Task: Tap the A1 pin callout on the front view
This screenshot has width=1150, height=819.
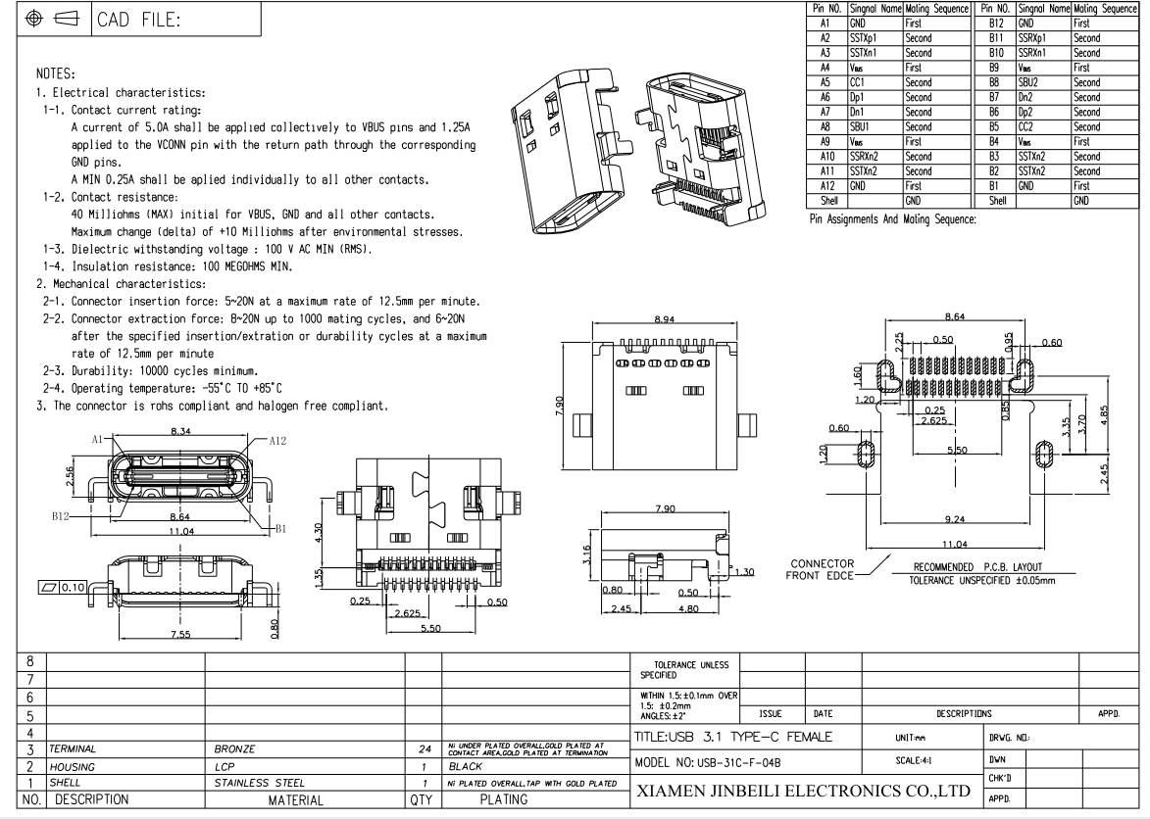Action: point(100,441)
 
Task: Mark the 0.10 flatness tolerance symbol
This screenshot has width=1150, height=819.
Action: point(62,587)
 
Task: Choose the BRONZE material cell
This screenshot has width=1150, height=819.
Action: point(234,747)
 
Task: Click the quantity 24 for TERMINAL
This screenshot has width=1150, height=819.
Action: point(424,747)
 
